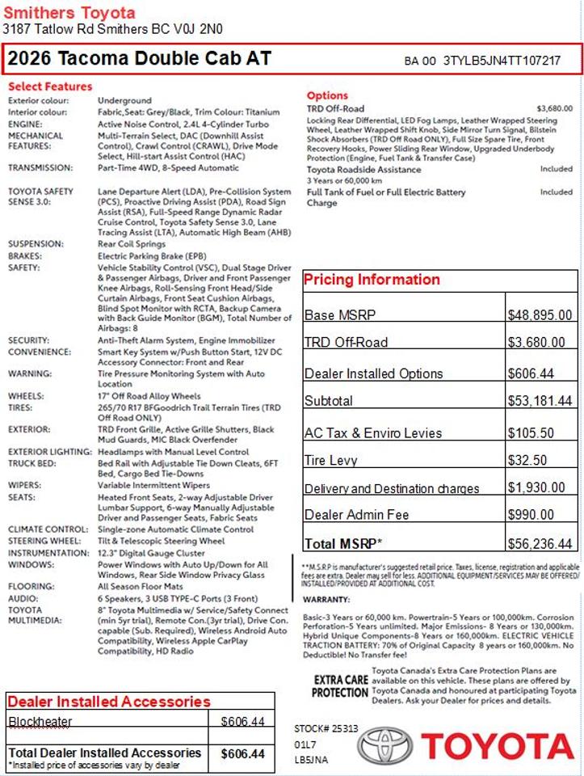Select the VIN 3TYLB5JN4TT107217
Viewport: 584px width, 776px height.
(502, 61)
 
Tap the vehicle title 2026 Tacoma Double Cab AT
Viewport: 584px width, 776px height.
(140, 59)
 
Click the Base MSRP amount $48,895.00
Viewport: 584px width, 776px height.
(540, 315)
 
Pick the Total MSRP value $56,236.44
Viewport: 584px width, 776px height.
(540, 543)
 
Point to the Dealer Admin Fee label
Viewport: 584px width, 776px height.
(356, 515)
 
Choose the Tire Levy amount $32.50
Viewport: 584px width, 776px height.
(527, 460)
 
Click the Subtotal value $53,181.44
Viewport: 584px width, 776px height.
(540, 401)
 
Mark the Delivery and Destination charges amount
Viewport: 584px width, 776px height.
(536, 487)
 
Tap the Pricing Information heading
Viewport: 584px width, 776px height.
(372, 280)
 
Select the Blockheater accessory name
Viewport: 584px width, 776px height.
(40, 721)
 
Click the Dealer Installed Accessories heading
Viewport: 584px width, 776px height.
(109, 701)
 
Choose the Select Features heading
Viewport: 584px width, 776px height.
(50, 86)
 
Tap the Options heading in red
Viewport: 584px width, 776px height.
(327, 95)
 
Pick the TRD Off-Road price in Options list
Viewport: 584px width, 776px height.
(554, 108)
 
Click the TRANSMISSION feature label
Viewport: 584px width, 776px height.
(40, 168)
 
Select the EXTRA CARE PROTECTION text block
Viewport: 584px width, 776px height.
(340, 686)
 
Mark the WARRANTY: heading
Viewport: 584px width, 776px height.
(327, 600)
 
